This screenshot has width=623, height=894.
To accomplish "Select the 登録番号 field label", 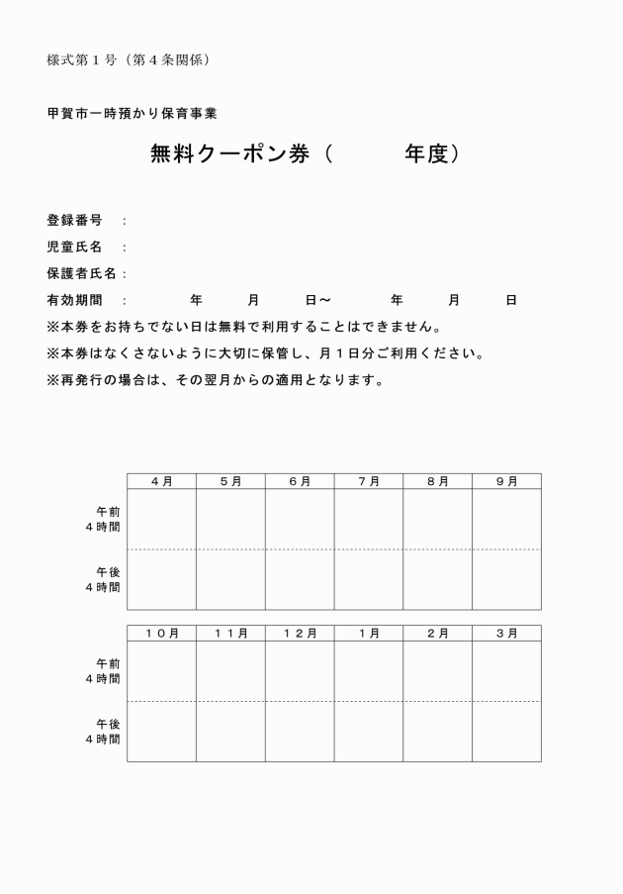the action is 74,221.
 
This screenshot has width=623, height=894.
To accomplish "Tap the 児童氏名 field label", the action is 74,247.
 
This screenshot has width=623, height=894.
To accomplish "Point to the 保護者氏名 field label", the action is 81,273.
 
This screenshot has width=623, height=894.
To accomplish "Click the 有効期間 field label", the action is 74,300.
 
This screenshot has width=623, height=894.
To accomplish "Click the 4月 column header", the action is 161,481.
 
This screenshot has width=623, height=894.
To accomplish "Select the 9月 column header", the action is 506,481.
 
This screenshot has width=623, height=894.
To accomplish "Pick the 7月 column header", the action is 368,481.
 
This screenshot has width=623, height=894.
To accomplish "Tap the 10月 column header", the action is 161,634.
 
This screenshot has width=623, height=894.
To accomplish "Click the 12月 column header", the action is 299,634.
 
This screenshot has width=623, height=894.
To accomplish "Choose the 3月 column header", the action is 506,634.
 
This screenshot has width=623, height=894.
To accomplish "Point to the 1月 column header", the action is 368,634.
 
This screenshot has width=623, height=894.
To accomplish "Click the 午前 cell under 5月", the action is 230,519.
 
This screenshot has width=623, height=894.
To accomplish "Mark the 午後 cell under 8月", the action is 437,579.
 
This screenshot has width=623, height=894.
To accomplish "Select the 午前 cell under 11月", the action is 230,671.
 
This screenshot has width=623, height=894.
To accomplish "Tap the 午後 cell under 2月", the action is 437,732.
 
